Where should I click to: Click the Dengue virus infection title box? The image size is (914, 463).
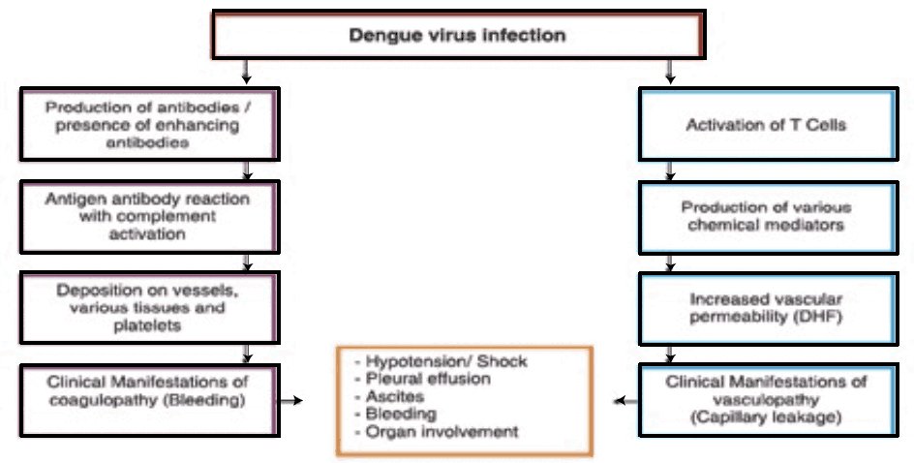click(x=457, y=37)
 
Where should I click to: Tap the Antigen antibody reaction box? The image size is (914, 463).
click(x=149, y=215)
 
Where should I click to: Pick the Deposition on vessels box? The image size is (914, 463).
click(x=149, y=307)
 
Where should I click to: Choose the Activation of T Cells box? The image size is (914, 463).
click(x=766, y=124)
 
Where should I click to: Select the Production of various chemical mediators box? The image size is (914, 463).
click(x=766, y=216)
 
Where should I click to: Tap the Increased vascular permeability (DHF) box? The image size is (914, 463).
click(x=766, y=308)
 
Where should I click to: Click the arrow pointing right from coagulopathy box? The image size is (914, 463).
click(x=290, y=399)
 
